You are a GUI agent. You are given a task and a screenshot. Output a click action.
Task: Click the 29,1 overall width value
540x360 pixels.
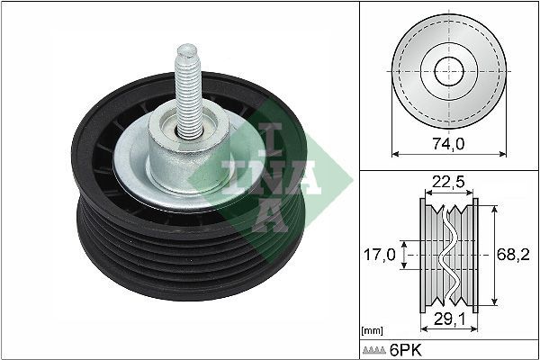(x=446, y=319)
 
